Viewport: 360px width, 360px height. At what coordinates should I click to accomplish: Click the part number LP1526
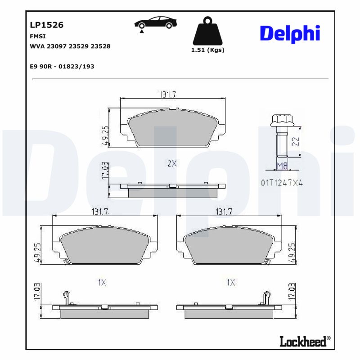click(x=46, y=25)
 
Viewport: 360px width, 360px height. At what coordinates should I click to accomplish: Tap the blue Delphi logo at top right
click(x=290, y=34)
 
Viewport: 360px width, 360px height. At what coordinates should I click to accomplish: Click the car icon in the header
click(x=155, y=23)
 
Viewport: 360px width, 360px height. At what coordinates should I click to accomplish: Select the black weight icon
click(x=207, y=31)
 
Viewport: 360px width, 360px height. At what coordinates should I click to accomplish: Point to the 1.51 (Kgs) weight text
click(x=207, y=50)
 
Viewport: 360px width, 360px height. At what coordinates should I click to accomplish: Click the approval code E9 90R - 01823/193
click(x=62, y=66)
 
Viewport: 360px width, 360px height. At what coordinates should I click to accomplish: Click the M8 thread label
click(x=282, y=166)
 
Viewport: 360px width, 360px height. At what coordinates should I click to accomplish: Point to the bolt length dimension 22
click(x=295, y=142)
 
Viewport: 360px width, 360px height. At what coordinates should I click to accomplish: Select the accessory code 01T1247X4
click(x=282, y=183)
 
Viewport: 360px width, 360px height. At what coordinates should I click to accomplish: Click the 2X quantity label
click(x=172, y=164)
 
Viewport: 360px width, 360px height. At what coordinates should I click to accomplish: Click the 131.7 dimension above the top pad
click(x=167, y=94)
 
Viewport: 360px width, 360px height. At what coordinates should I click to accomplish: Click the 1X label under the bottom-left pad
click(x=102, y=283)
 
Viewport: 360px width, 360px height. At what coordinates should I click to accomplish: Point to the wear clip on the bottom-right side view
click(x=266, y=297)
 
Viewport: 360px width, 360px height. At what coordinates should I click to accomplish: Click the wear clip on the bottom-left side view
click(x=67, y=297)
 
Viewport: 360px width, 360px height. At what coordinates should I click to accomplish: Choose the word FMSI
click(x=37, y=36)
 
